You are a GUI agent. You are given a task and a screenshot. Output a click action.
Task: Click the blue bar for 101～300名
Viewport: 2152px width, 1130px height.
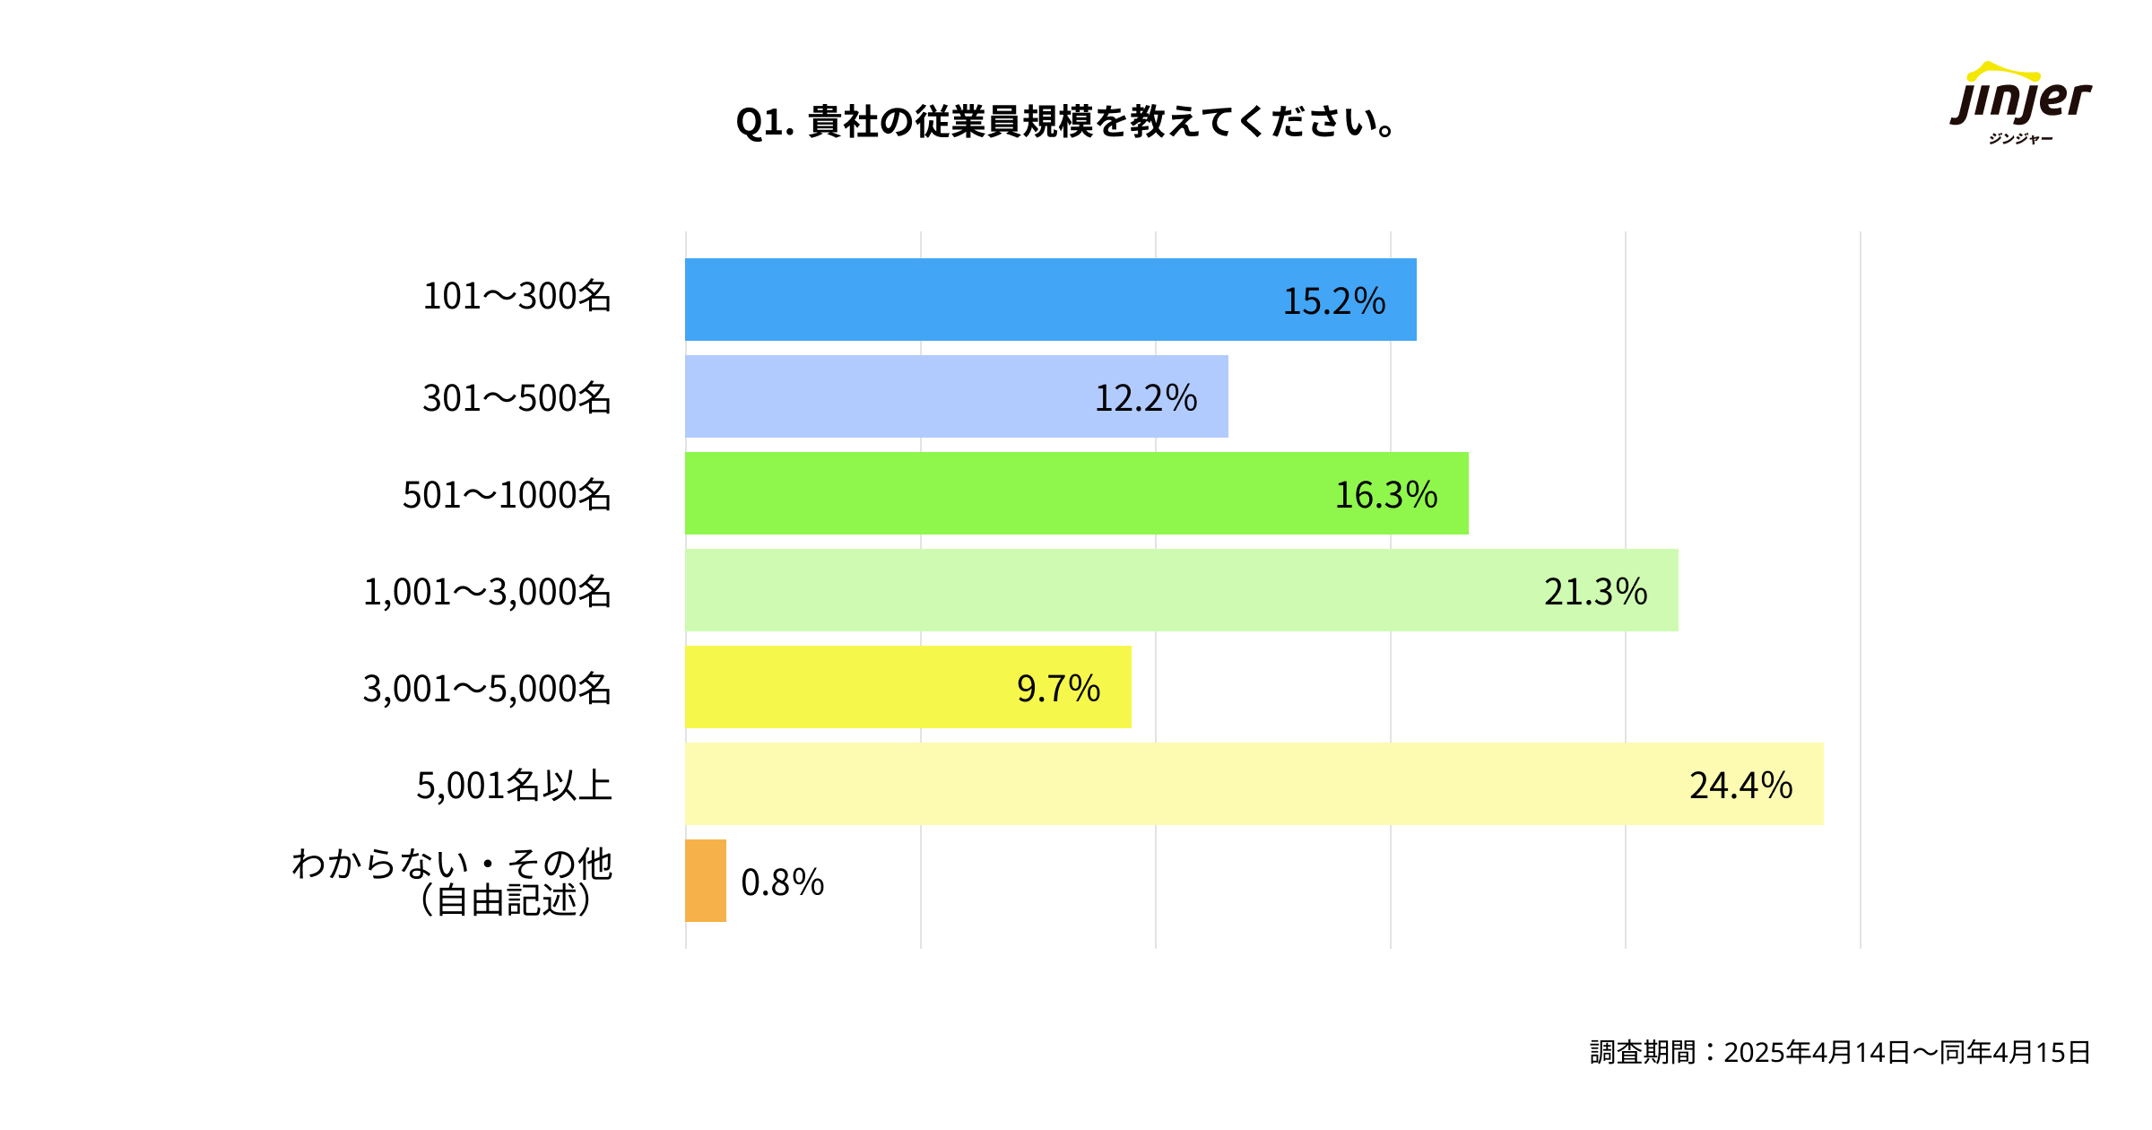[x=986, y=300]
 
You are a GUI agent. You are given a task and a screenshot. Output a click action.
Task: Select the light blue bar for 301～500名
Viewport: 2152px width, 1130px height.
[x=897, y=396]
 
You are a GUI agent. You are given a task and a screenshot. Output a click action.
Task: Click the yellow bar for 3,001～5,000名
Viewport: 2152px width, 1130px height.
[x=852, y=687]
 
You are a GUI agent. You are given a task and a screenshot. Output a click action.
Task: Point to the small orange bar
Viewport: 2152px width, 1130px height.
[x=706, y=881]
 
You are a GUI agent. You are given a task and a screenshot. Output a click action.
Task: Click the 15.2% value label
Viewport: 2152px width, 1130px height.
[x=1334, y=301]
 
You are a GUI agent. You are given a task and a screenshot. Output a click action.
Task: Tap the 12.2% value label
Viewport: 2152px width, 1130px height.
[x=1146, y=398]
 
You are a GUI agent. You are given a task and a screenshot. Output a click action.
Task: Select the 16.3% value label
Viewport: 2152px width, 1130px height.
[x=1386, y=495]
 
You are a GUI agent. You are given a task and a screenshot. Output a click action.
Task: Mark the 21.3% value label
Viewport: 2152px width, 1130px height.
[x=1595, y=592]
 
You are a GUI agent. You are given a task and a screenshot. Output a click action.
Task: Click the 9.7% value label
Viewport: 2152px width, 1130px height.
[x=1058, y=689]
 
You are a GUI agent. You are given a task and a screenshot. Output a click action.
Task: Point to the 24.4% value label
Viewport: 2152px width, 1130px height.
[x=1740, y=786]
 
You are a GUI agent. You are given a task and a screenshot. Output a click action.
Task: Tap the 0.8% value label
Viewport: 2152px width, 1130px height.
[x=782, y=882]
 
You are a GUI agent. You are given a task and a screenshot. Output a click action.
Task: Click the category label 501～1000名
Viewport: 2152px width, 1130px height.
[x=507, y=495]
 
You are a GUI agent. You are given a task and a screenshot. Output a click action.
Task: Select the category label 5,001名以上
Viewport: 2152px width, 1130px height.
[x=514, y=786]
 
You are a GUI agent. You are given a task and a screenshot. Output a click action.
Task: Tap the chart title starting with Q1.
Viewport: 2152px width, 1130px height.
[x=1065, y=122]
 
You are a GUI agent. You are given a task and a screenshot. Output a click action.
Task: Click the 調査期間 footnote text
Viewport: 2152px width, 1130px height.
[x=1840, y=1052]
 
